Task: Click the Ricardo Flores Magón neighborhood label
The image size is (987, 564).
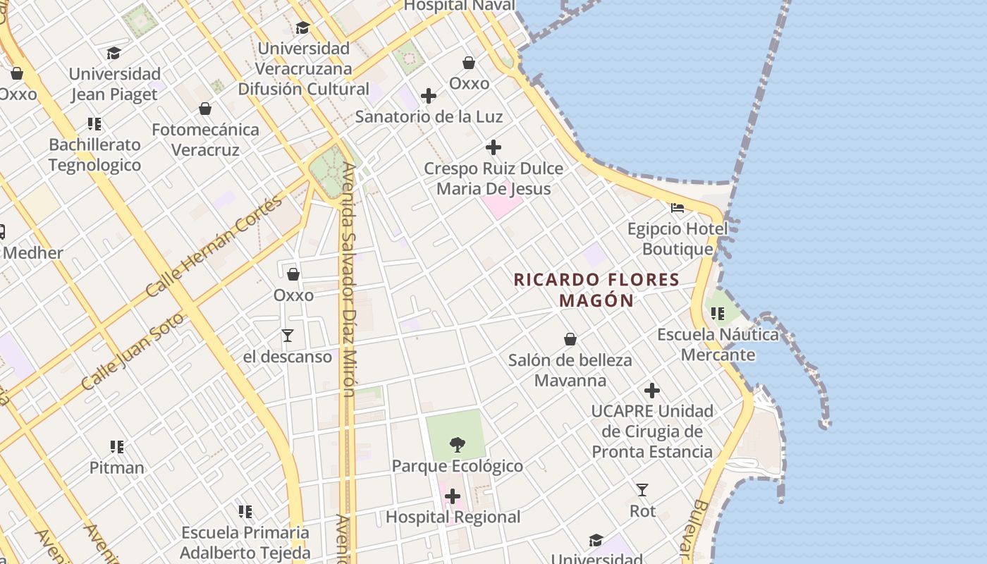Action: [x=596, y=290]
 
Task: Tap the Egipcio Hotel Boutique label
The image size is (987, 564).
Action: [x=678, y=239]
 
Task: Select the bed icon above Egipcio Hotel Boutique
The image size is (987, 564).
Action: [x=678, y=208]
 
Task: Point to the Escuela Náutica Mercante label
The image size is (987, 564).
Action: [x=718, y=344]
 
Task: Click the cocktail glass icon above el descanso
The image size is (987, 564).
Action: [x=288, y=335]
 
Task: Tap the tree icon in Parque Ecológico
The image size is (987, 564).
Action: [x=457, y=444]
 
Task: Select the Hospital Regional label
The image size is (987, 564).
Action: [x=453, y=517]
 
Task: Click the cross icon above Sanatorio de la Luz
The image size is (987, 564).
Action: [x=429, y=96]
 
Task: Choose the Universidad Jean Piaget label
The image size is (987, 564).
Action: [x=114, y=84]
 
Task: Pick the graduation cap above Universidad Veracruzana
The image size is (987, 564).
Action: [x=303, y=28]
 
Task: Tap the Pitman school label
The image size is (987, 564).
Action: [x=117, y=467]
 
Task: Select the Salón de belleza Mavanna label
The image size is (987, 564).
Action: [x=570, y=370]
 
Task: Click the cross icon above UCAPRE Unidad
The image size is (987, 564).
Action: [x=652, y=390]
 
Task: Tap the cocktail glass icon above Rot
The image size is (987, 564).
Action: [x=642, y=489]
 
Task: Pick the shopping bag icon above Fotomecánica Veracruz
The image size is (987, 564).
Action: [x=205, y=109]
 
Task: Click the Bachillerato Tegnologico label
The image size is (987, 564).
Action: [x=95, y=154]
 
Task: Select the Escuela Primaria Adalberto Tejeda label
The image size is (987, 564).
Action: [x=245, y=542]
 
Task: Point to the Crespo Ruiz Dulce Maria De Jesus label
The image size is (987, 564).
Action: [x=493, y=178]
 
